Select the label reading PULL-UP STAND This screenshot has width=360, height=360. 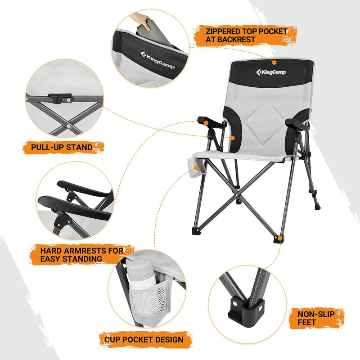(62, 147)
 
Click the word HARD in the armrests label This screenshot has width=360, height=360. (50, 251)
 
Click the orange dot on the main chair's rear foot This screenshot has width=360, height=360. (280, 238)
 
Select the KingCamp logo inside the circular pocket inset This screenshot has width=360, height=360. (157, 60)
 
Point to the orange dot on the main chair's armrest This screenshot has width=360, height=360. (205, 122)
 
